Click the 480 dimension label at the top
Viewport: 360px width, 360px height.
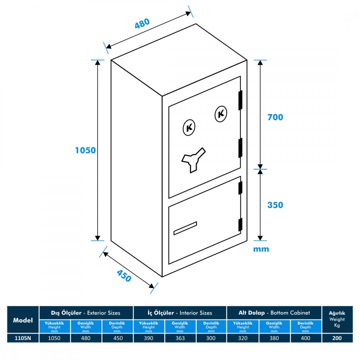pyautogui.click(x=142, y=23)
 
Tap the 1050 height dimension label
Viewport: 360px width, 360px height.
pyautogui.click(x=86, y=150)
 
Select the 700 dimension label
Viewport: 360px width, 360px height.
pyautogui.click(x=275, y=117)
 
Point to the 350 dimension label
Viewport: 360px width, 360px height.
pyautogui.click(x=275, y=205)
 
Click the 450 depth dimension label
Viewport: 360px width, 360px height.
pyautogui.click(x=124, y=276)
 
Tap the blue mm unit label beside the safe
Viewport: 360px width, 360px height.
pyautogui.click(x=261, y=249)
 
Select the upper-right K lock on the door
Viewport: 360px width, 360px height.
pyautogui.click(x=221, y=114)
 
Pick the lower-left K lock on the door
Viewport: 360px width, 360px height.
pyautogui.click(x=189, y=128)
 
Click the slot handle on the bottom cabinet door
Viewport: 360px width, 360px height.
pyautogui.click(x=185, y=228)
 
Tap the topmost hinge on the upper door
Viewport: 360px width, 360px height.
pyautogui.click(x=240, y=100)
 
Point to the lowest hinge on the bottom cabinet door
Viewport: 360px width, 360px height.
pyautogui.click(x=240, y=225)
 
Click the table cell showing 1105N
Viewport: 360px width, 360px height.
pyautogui.click(x=23, y=338)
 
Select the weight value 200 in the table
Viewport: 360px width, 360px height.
pyautogui.click(x=337, y=338)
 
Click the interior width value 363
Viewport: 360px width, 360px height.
pyautogui.click(x=180, y=338)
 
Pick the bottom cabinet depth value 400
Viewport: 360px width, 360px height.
pyautogui.click(x=306, y=338)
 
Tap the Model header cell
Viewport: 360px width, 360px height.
pyautogui.click(x=23, y=320)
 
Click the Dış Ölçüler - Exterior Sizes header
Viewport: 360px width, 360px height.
pyautogui.click(x=86, y=313)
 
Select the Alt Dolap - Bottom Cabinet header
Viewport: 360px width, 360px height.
pyautogui.click(x=274, y=313)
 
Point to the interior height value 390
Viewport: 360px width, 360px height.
pyautogui.click(x=148, y=338)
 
